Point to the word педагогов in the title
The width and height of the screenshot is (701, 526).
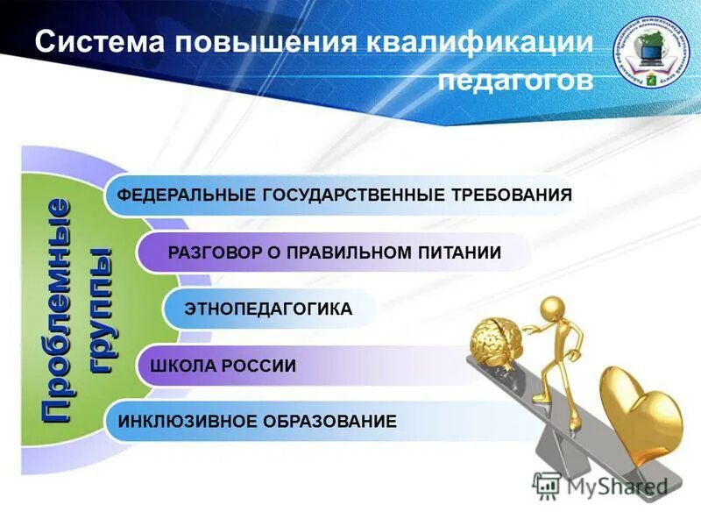pyautogui.click(x=515, y=81)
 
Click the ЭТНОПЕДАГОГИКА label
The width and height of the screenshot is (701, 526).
pyautogui.click(x=268, y=309)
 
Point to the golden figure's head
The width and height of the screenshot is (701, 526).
pyautogui.click(x=553, y=309)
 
